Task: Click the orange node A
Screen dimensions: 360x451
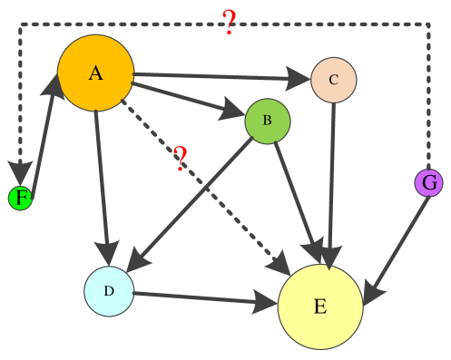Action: [95, 73]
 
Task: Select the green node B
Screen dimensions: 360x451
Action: [268, 121]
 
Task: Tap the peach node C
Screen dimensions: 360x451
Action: [333, 80]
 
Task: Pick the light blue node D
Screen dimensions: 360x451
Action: [109, 291]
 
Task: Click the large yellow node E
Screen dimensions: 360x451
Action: [320, 306]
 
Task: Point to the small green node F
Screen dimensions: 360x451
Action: [21, 198]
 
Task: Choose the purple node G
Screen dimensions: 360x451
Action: [429, 182]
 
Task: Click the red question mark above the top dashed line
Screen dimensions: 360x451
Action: [229, 22]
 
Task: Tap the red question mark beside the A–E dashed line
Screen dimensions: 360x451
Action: [181, 159]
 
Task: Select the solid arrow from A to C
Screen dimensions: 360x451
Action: [222, 77]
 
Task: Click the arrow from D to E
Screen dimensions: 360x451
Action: [204, 298]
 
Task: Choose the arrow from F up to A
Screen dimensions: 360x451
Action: [42, 136]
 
